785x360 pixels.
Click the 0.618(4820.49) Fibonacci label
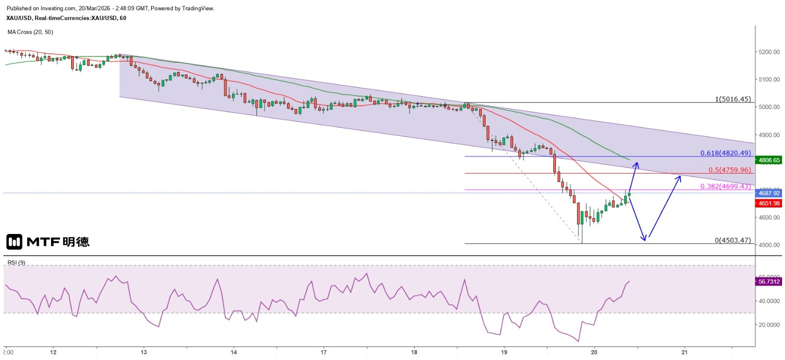(x=725, y=153)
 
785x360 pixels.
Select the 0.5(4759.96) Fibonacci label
(x=729, y=170)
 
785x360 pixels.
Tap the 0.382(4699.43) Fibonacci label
(x=725, y=186)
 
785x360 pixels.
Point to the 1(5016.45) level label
(x=733, y=99)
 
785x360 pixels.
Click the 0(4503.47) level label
(x=733, y=240)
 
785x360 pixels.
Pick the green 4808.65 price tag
(x=769, y=160)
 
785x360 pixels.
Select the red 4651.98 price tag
(x=769, y=204)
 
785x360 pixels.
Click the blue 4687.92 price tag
(x=769, y=193)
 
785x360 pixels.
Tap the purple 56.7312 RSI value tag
(x=769, y=282)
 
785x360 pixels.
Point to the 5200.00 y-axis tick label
(x=769, y=52)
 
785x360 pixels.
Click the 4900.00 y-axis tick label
(x=769, y=135)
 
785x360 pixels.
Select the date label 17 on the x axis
(x=324, y=352)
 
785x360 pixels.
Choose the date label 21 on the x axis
(x=684, y=352)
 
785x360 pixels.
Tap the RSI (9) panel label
(x=16, y=263)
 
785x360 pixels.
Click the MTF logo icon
(x=14, y=242)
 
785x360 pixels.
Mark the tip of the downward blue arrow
(x=645, y=240)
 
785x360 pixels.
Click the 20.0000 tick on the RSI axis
(x=769, y=325)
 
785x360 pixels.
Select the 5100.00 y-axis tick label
(x=769, y=79)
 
